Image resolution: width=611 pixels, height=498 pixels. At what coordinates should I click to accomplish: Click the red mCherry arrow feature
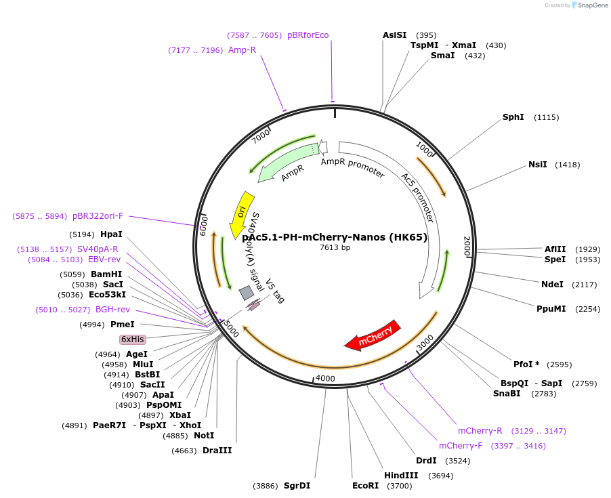(x=373, y=335)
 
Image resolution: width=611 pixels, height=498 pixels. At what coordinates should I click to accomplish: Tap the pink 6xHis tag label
(x=133, y=339)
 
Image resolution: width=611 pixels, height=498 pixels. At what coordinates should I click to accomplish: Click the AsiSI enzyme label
(x=395, y=35)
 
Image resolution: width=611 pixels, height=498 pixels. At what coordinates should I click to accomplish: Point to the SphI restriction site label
(x=513, y=117)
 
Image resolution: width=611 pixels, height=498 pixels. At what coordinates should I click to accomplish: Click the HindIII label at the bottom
(x=401, y=476)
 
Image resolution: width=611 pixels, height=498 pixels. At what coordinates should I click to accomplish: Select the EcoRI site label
(x=365, y=486)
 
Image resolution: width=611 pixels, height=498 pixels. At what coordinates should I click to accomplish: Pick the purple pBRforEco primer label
(x=308, y=35)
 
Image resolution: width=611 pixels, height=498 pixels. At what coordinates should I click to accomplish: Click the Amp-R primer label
(x=242, y=50)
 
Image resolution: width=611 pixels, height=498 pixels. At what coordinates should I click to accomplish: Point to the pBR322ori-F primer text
(x=98, y=216)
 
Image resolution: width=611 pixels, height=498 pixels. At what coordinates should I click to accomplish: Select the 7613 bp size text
(x=335, y=248)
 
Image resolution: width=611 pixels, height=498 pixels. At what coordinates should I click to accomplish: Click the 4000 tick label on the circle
(x=325, y=378)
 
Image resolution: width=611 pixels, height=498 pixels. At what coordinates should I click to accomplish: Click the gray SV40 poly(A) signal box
(x=247, y=293)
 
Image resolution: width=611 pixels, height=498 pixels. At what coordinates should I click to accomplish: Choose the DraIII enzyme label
(x=217, y=450)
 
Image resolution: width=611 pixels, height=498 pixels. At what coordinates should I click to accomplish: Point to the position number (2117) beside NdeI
(x=586, y=285)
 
